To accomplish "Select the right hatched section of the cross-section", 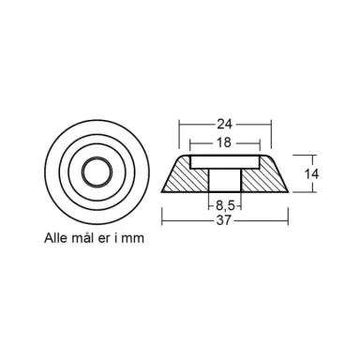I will pyautogui.click(x=264, y=176).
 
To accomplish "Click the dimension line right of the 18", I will pyautogui.click(x=246, y=142).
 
